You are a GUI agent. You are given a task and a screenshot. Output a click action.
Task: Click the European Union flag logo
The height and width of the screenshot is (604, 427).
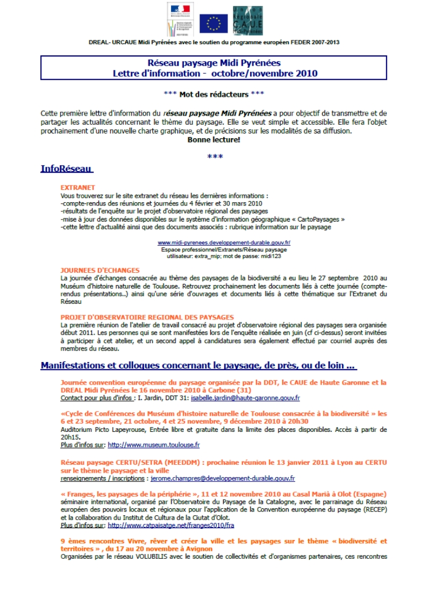tap(213, 23)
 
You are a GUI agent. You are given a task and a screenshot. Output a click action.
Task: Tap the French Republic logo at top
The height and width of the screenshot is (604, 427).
tap(180, 20)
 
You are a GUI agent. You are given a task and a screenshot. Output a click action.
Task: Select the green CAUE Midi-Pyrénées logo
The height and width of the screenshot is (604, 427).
tap(247, 21)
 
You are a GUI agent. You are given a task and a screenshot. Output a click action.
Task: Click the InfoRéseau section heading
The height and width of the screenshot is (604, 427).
tap(67, 169)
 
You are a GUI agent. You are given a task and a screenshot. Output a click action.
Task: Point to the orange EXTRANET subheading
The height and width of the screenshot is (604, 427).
tap(78, 188)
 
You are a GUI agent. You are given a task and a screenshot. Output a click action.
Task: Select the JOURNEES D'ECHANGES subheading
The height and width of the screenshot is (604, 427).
tap(100, 270)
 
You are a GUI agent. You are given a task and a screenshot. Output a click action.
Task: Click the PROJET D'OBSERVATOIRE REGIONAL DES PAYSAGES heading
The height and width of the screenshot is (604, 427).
tap(147, 317)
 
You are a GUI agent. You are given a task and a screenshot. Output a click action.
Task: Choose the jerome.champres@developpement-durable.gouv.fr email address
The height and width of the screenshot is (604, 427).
tap(223, 478)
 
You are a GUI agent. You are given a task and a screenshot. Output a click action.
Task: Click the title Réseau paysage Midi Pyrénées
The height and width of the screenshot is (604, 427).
tap(213, 63)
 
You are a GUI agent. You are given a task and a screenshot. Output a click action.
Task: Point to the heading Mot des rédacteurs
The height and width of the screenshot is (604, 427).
tap(213, 94)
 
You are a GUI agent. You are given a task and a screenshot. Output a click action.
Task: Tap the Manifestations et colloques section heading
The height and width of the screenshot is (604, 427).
tap(198, 366)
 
